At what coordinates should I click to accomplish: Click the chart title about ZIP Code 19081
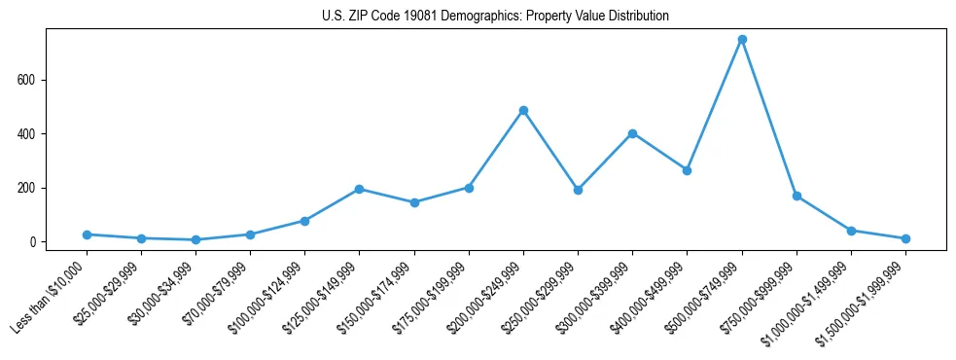(x=495, y=17)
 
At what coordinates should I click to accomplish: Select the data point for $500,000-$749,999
(x=742, y=40)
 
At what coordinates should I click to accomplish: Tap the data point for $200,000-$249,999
(x=523, y=111)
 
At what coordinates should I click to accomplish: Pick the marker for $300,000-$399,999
(x=633, y=133)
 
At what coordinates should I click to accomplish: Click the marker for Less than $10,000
(x=87, y=234)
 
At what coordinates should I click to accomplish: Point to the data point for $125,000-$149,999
(x=360, y=189)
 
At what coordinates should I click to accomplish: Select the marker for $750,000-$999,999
(x=797, y=196)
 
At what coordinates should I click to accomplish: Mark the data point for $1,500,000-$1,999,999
(x=905, y=238)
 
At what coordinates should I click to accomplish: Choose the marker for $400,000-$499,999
(x=688, y=170)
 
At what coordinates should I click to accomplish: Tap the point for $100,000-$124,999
(x=305, y=221)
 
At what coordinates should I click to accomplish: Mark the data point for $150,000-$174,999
(x=414, y=202)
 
